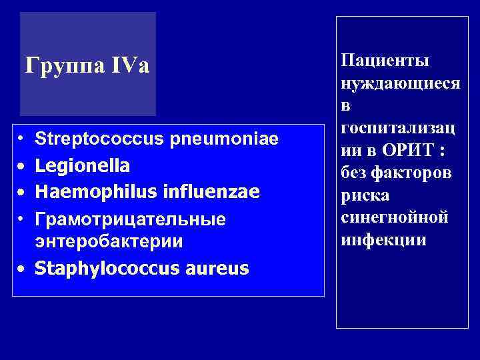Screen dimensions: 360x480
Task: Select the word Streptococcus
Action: coord(93,139)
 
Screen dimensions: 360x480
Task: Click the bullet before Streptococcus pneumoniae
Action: coord(22,140)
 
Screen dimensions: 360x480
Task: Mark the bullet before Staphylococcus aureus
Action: coord(22,269)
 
